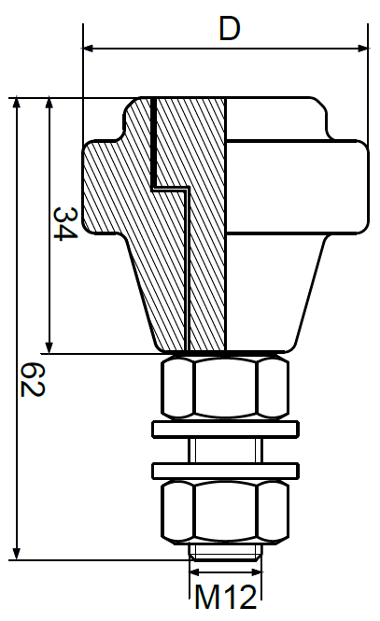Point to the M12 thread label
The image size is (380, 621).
(225, 594)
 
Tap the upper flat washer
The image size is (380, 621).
(227, 430)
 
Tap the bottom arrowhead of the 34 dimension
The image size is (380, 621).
(49, 346)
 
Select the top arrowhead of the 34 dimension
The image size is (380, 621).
(49, 102)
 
